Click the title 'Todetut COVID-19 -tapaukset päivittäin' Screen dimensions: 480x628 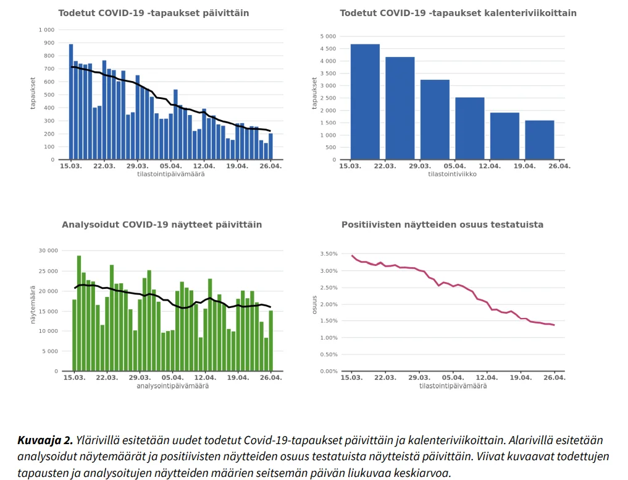154,13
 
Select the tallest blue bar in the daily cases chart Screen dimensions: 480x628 71,102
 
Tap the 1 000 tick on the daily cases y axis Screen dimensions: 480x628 46,30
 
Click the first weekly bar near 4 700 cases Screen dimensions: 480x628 365,102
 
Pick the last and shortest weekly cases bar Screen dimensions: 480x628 540,140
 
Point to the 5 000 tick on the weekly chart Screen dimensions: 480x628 327,36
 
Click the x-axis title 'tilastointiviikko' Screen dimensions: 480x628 453,174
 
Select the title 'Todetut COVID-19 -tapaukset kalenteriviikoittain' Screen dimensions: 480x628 458,13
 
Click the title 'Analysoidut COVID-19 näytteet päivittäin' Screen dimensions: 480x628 162,225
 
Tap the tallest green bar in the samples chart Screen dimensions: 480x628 79,313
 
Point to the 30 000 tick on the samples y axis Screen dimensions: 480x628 48,251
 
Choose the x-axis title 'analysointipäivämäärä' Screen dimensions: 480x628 172,386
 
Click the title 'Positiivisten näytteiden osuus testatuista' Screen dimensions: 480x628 442,225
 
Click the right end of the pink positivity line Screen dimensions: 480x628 554,325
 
